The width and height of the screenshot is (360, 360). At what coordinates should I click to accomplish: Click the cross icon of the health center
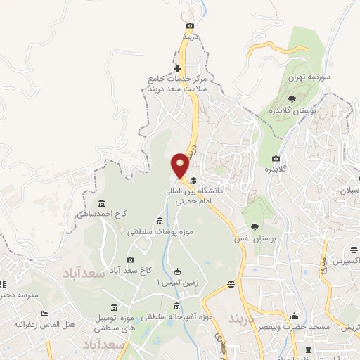coord(178,69)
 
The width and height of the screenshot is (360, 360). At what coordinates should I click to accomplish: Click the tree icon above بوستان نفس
coord(255,228)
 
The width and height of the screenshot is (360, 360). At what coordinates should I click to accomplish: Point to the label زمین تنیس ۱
coord(177,283)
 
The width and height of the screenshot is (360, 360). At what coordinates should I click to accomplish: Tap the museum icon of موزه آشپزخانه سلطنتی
coord(176,306)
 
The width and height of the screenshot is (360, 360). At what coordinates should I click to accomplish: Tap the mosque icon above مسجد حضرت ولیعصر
coord(294,316)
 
